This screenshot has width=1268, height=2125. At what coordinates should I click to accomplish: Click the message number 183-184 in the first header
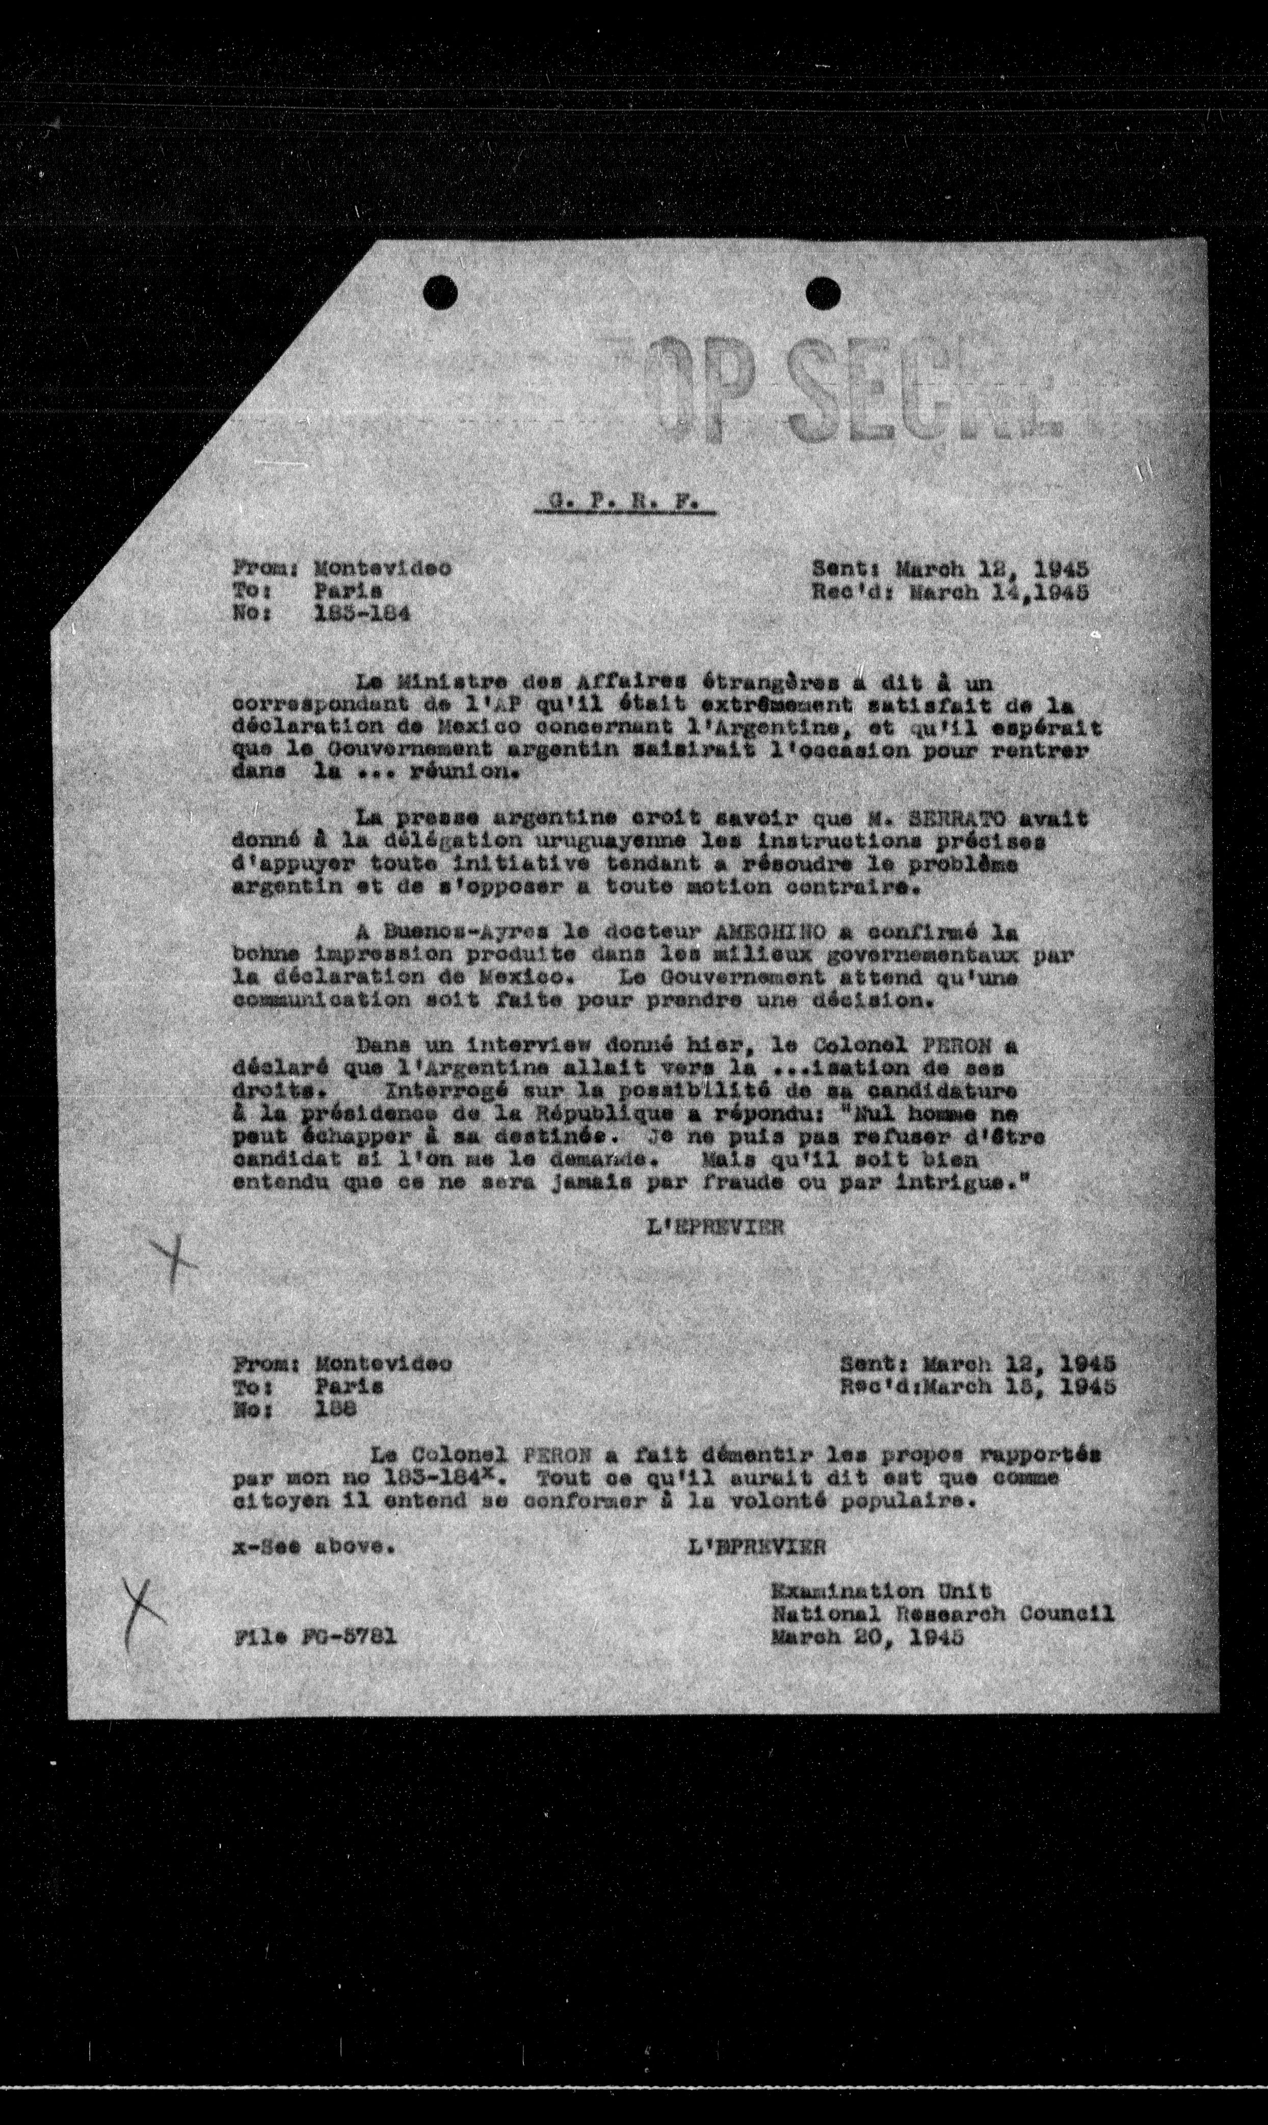point(361,614)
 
